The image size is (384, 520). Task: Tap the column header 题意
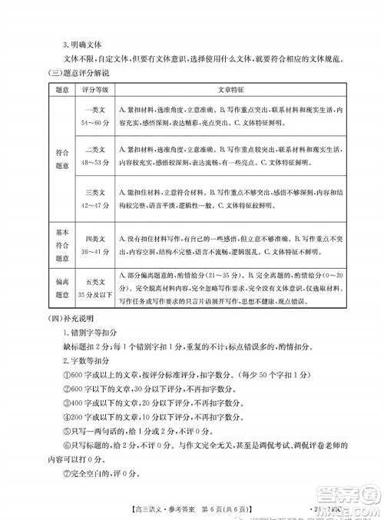tap(43, 90)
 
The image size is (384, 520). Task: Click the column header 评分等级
tap(85, 90)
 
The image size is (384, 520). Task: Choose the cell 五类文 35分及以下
tap(85, 284)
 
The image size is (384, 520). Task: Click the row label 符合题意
tap(43, 157)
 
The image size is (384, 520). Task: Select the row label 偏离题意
tap(43, 284)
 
